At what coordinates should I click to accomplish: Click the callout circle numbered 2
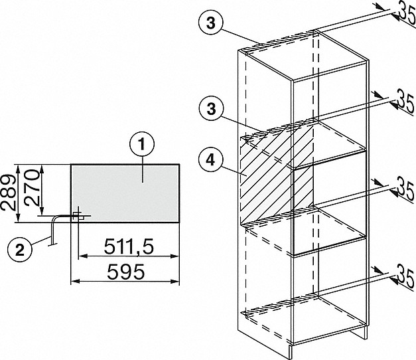[20, 250]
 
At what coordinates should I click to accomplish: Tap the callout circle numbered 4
[210, 160]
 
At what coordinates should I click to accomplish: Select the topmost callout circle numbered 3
[210, 23]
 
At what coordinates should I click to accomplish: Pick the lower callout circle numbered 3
[210, 109]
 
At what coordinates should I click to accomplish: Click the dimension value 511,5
[129, 246]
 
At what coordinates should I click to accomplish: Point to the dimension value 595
[126, 272]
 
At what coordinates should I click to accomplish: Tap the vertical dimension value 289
[8, 193]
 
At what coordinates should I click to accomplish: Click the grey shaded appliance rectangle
[125, 193]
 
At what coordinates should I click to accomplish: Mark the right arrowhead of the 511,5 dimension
[175, 256]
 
